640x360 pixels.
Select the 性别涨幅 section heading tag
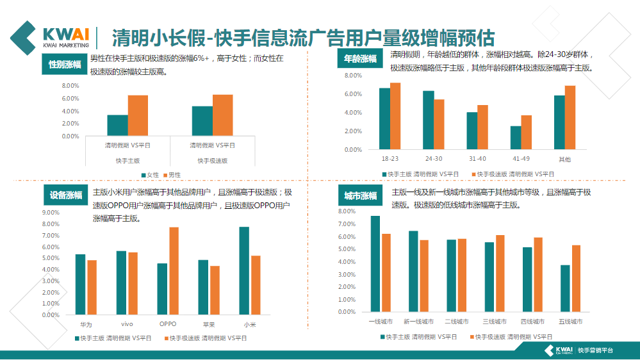(x=65, y=64)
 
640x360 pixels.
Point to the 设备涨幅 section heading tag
(x=65, y=195)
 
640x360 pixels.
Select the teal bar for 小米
(x=244, y=270)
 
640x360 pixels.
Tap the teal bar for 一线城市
(x=375, y=264)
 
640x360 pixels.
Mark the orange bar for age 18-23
(x=395, y=116)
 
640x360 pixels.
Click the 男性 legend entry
(x=171, y=174)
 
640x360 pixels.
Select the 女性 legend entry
(x=149, y=174)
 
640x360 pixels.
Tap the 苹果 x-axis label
(x=209, y=324)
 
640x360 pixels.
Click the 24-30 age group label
(x=434, y=158)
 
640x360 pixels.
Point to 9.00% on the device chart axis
(x=51, y=213)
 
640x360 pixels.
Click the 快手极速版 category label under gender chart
(x=212, y=161)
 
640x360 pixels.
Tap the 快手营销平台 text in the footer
(x=595, y=350)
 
